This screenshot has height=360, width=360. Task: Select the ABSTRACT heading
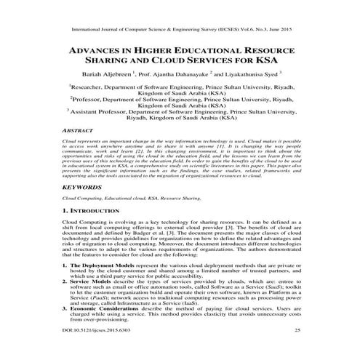click(x=79, y=128)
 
